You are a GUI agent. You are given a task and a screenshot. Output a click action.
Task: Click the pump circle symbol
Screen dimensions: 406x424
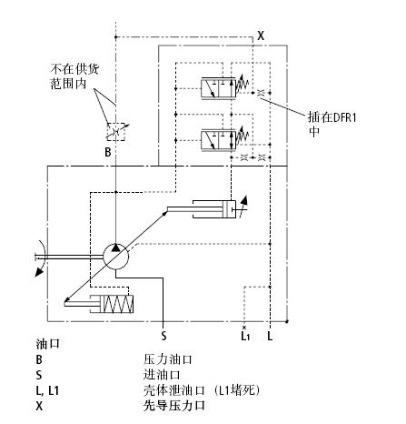(115, 244)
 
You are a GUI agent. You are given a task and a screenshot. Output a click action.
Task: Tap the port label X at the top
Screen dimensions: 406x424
(261, 35)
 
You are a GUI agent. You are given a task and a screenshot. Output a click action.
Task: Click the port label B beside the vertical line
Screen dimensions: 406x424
(108, 152)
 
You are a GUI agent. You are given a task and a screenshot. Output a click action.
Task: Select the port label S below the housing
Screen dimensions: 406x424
(163, 336)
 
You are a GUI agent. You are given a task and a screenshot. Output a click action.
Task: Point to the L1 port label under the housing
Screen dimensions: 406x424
(245, 336)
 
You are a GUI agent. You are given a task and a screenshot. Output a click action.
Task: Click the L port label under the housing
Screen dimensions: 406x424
(270, 336)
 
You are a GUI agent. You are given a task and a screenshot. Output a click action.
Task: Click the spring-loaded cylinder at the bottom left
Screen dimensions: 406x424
(99, 304)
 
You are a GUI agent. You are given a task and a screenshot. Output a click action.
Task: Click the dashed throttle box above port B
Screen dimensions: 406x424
(115, 132)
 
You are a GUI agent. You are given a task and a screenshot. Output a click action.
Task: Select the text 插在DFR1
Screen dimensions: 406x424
(332, 117)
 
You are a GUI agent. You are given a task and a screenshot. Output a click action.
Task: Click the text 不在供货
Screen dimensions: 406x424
(74, 69)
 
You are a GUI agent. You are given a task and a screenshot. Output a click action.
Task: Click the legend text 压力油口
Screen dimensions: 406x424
(168, 359)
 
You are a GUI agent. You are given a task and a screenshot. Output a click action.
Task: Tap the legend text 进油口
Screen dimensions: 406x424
(162, 375)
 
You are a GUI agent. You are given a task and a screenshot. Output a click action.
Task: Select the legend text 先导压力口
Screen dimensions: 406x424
(173, 406)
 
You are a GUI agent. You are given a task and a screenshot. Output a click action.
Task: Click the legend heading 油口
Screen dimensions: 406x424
(47, 344)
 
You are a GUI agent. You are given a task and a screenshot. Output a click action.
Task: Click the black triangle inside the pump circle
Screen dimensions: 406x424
(115, 247)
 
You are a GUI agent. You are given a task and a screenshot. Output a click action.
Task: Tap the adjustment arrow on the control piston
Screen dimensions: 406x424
(243, 207)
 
